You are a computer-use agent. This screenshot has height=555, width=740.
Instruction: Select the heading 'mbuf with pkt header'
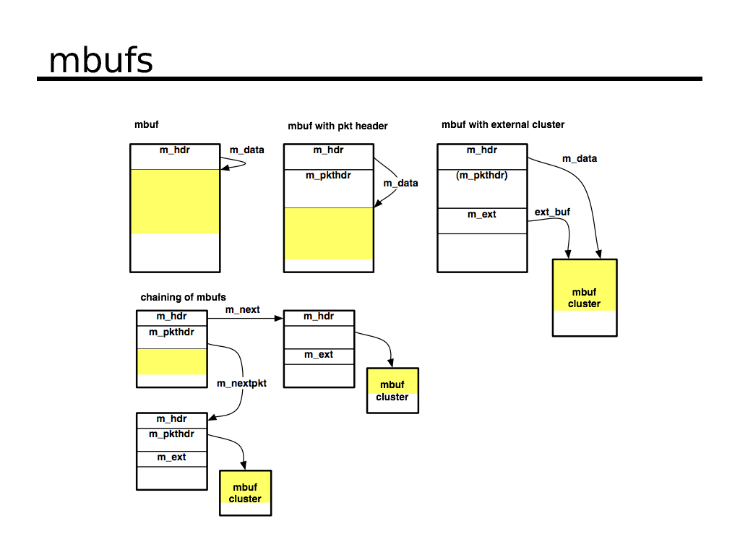click(x=337, y=126)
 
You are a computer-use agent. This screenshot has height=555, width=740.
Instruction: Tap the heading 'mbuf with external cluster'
click(x=503, y=124)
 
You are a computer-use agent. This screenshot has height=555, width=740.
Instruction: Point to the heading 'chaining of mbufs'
click(x=183, y=297)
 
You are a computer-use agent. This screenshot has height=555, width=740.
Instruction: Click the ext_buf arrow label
click(x=552, y=212)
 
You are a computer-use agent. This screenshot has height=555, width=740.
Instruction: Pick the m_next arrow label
click(x=242, y=309)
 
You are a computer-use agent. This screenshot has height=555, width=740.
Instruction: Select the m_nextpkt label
click(x=241, y=383)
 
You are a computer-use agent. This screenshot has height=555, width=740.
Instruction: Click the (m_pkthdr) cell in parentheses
click(x=482, y=175)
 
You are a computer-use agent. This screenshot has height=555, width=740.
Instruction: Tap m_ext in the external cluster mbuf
click(x=482, y=214)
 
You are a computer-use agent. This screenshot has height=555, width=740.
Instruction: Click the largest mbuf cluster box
click(x=585, y=297)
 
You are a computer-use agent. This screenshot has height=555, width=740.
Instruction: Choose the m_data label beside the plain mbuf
click(x=246, y=150)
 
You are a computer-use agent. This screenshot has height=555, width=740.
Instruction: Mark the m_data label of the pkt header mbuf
click(x=400, y=183)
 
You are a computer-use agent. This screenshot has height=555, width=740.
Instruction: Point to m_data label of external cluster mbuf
click(x=580, y=158)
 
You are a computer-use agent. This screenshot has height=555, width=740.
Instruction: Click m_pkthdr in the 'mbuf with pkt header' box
click(x=328, y=175)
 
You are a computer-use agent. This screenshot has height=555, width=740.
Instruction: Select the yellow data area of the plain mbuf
click(x=174, y=202)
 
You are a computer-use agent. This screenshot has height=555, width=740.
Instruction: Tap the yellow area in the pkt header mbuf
click(x=328, y=233)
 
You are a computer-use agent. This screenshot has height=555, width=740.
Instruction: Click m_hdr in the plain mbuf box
click(x=174, y=150)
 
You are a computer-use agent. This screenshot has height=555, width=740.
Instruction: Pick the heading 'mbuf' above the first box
click(x=147, y=124)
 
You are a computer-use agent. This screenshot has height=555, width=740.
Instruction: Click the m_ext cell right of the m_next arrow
click(x=319, y=354)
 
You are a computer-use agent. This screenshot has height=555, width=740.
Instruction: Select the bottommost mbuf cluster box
click(x=245, y=493)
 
